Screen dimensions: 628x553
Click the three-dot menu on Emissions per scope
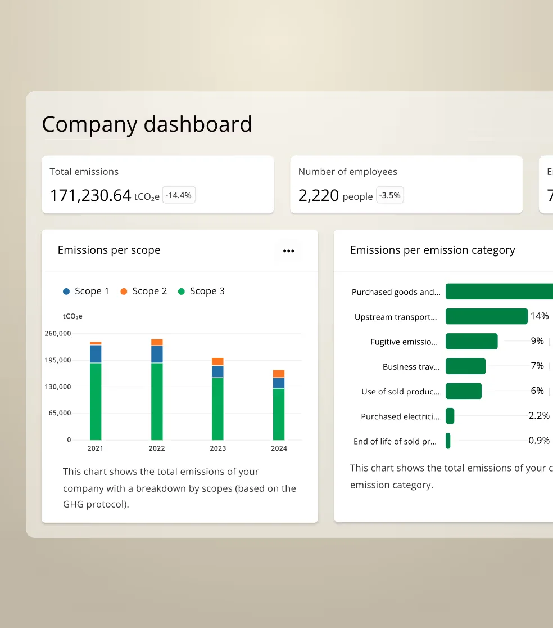[288, 251]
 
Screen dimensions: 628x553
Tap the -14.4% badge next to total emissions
[179, 195]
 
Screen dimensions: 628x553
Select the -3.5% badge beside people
[389, 195]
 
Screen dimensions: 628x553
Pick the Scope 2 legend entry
[144, 291]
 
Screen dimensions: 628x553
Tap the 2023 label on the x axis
[217, 448]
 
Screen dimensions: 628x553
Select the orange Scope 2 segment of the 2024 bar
[279, 374]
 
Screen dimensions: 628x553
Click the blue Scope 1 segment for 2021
[96, 353]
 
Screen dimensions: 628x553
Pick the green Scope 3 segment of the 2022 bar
[157, 401]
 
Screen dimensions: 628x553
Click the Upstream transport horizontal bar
[486, 316]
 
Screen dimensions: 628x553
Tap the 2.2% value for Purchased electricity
[538, 415]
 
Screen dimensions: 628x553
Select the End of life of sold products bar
[448, 441]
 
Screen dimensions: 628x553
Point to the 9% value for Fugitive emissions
[537, 341]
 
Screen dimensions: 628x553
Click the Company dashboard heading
[147, 124]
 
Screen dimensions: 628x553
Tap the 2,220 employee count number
[318, 196]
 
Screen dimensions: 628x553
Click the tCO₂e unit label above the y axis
[72, 316]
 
